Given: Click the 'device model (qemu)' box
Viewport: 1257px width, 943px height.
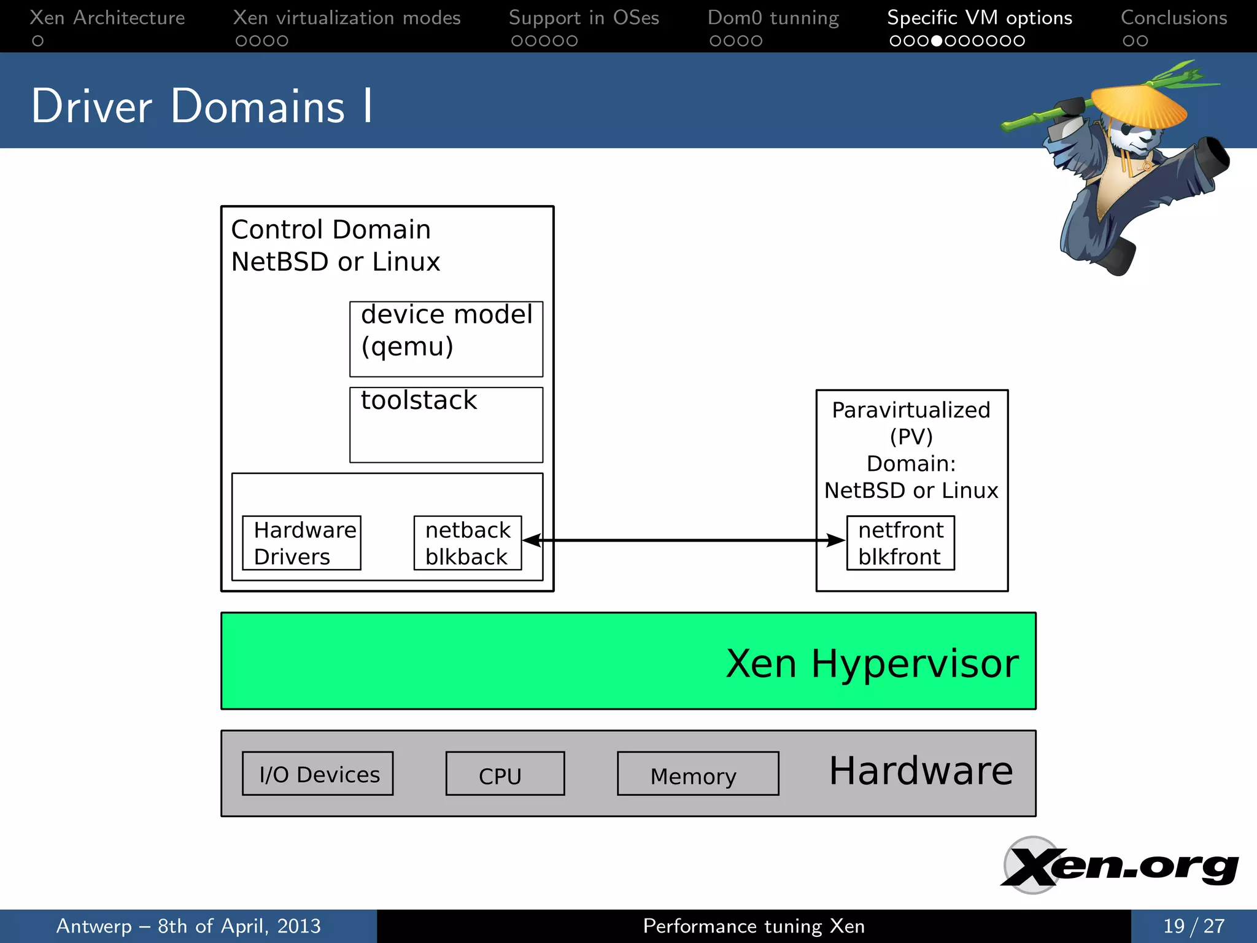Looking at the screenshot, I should click(x=446, y=338).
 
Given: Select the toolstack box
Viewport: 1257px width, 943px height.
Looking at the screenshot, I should click(x=446, y=424).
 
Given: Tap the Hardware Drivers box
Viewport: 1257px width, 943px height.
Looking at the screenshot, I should click(x=301, y=543).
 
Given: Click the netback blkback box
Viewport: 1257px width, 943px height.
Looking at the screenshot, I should click(x=468, y=543).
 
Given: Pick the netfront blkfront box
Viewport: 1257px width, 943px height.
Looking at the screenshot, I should click(x=900, y=543).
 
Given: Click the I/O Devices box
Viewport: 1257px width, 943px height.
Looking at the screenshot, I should click(x=317, y=774).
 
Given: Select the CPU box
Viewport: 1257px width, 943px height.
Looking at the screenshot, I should click(x=505, y=774).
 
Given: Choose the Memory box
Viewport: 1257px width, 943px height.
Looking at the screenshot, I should click(x=698, y=774).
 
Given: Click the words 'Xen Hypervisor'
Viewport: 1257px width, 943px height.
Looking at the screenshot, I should click(x=872, y=663).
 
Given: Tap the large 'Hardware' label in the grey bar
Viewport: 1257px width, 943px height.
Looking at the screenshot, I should click(x=921, y=771).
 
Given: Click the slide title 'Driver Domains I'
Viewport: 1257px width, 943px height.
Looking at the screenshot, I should click(x=201, y=106).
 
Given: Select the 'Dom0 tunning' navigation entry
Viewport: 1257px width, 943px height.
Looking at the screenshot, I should click(x=773, y=18).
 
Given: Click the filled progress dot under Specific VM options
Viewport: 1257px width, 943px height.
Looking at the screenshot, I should click(x=937, y=41).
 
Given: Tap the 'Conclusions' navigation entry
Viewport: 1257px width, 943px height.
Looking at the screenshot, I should click(x=1174, y=18).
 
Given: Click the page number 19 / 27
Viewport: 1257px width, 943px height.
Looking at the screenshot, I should click(x=1193, y=926).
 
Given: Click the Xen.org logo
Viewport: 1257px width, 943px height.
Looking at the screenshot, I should click(x=1120, y=866).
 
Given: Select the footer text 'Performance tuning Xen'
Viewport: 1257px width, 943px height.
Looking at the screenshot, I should click(x=754, y=926).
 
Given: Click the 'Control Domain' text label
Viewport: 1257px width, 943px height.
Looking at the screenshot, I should click(x=331, y=230).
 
